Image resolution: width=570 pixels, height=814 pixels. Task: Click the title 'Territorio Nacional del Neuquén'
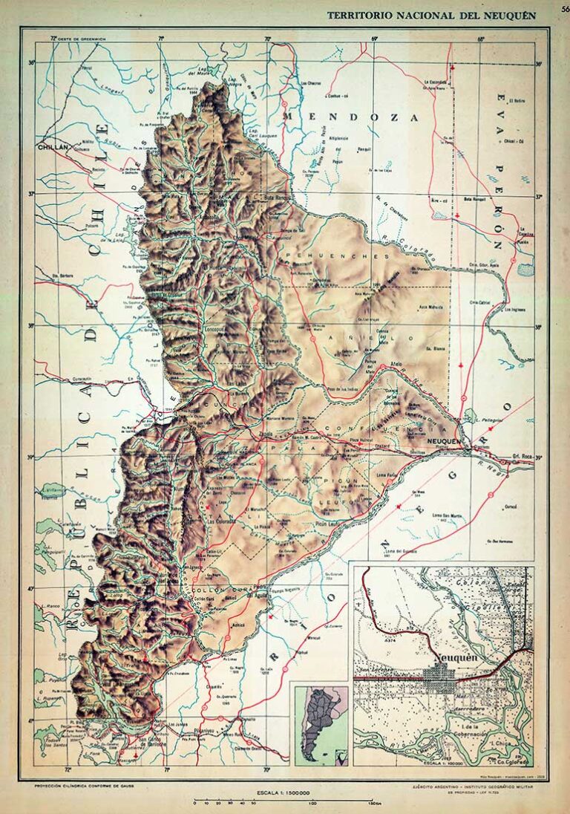(431, 16)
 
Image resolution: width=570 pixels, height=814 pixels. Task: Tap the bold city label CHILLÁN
(53, 148)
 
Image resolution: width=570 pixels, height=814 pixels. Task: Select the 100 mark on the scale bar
(312, 804)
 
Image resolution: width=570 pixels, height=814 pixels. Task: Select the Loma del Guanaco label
(399, 550)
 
